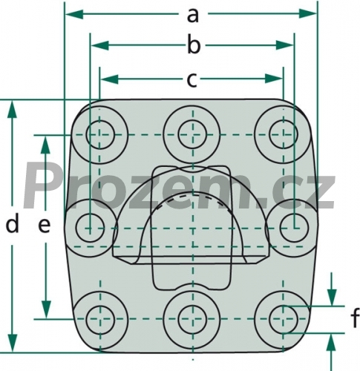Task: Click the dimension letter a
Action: point(193,16)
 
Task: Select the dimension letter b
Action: point(194,45)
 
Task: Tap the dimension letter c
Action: point(192,80)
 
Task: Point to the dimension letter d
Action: point(13,224)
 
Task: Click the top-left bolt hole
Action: point(100,135)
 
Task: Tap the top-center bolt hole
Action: point(192,135)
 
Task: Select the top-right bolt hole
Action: point(284,135)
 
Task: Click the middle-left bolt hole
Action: point(90,228)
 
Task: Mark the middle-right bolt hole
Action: point(295,228)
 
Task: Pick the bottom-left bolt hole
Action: point(100,319)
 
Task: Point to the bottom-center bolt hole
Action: point(192,319)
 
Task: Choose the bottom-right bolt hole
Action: point(284,319)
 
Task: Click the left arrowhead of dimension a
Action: point(74,14)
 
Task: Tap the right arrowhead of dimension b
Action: point(285,45)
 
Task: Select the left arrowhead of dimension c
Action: point(109,79)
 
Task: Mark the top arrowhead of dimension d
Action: point(12,110)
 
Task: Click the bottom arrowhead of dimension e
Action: point(46,309)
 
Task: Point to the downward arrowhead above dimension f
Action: point(332,298)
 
